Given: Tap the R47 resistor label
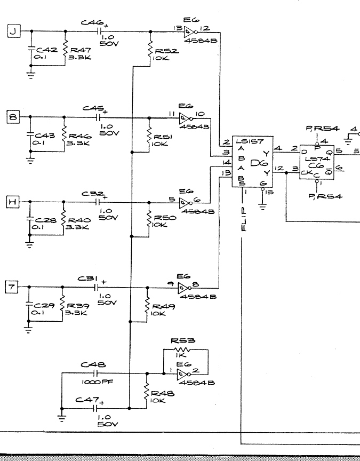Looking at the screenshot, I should pyautogui.click(x=82, y=48).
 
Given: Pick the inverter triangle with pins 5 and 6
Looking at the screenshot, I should pyautogui.click(x=186, y=202).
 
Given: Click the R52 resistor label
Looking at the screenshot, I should pyautogui.click(x=164, y=51).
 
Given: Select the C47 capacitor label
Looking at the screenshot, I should pyautogui.click(x=86, y=400).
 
